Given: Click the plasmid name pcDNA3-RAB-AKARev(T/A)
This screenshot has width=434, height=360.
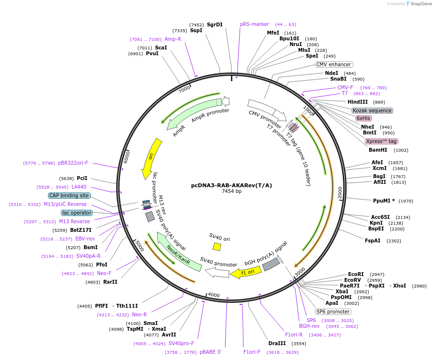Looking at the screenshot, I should pos(231,185).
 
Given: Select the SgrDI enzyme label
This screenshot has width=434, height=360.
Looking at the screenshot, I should pos(215,24).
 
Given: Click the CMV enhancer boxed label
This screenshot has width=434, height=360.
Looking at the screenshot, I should pos(334,64).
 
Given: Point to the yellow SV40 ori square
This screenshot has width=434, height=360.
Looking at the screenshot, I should pos(217,246).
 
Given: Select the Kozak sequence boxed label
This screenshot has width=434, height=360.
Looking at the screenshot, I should pos(372,110).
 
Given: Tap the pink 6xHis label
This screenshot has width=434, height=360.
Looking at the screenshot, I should pos(363,118).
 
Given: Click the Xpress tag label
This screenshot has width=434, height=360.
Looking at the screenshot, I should pos(381,141).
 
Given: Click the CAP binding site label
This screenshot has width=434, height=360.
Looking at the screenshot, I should pos(69,195).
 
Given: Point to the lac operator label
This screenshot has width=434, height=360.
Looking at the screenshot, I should pos(76,213).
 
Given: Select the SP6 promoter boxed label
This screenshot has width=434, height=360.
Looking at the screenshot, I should pos(333,312).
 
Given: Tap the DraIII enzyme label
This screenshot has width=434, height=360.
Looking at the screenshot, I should pos(277,343).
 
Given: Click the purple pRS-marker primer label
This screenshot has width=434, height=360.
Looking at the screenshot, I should pos(254,24).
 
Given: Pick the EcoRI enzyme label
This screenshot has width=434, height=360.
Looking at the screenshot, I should pos(356,274).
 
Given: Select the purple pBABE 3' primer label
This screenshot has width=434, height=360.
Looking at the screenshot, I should pos(210,352).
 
